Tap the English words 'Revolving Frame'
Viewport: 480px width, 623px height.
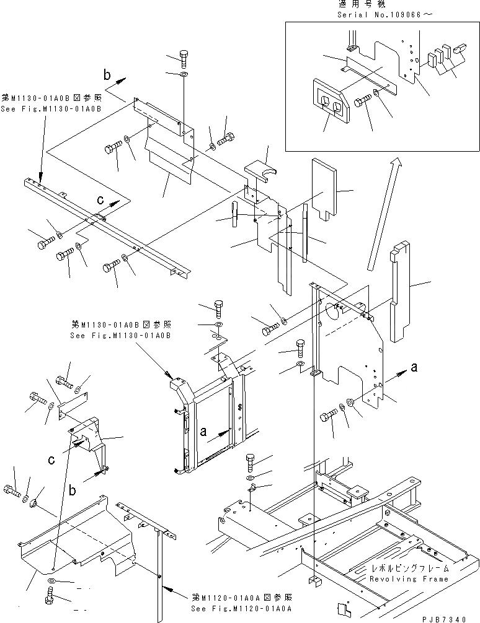coord(409,579)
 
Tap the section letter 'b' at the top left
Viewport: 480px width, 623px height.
coord(107,76)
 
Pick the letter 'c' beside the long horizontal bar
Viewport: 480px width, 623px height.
coord(100,201)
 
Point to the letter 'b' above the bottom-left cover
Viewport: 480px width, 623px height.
coord(74,490)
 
